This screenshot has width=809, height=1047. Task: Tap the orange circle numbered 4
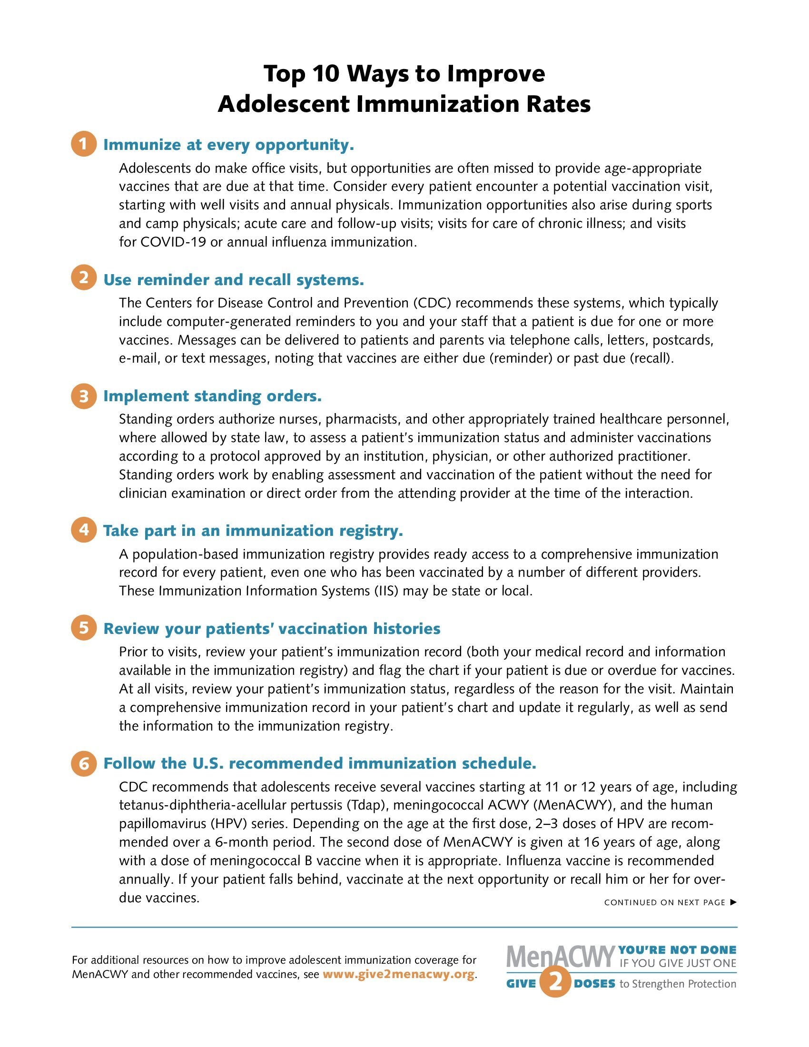point(83,530)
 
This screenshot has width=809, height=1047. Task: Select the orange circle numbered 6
point(83,763)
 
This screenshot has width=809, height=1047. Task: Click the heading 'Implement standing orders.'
point(212,396)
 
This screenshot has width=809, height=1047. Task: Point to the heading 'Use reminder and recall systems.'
point(233,279)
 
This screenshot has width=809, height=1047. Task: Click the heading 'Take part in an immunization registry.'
point(253,530)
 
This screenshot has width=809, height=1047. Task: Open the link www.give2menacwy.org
point(399,974)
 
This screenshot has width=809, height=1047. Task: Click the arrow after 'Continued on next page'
point(733,902)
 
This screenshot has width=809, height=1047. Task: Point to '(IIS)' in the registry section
point(386,591)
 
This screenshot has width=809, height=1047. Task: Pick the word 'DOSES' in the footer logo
point(594,984)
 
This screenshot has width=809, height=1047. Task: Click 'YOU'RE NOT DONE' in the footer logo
point(677,950)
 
